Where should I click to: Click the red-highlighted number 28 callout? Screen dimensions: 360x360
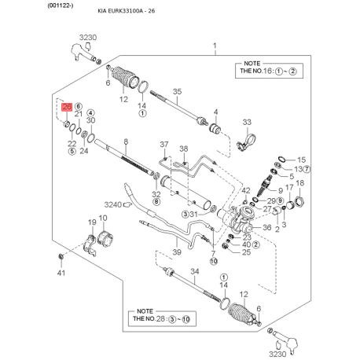[67, 107]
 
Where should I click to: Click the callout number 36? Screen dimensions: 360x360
[266, 228]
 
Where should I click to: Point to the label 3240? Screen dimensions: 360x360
[114, 204]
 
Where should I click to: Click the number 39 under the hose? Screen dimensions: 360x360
[177, 252]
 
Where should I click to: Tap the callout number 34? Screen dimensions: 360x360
[196, 271]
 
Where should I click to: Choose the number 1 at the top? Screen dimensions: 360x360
[213, 47]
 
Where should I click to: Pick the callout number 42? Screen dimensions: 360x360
[246, 190]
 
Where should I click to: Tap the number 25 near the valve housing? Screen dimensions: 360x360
[246, 252]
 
